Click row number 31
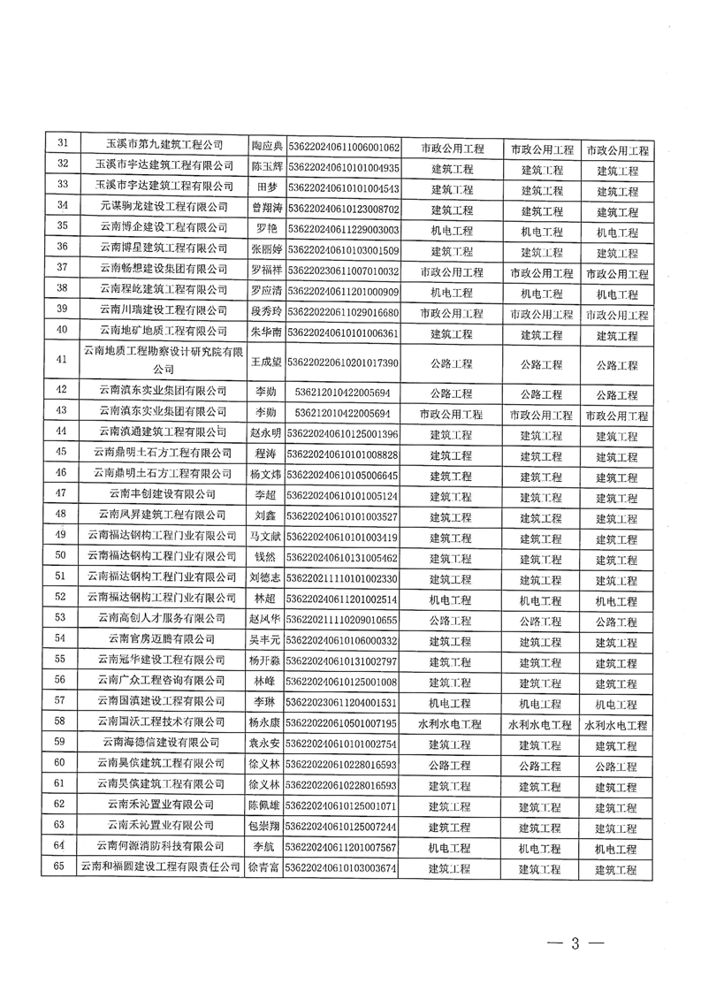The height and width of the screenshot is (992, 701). pos(62,145)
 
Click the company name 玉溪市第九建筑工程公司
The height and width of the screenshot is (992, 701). pos(164,145)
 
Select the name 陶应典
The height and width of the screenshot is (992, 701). pos(266,147)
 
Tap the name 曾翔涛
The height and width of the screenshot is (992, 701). pos(266,209)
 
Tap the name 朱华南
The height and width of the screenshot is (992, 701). pos(266,334)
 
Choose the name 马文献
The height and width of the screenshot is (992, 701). pos(266,537)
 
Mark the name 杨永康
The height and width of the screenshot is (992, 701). pos(266,724)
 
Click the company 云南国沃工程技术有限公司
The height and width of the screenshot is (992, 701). pos(164,723)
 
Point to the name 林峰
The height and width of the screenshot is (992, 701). pos(266,682)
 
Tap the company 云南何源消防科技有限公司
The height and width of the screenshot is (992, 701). pos(164,847)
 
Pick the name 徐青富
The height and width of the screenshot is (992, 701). pos(266,869)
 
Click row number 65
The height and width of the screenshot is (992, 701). pos(62,867)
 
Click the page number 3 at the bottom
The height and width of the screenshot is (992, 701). pos(574,942)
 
